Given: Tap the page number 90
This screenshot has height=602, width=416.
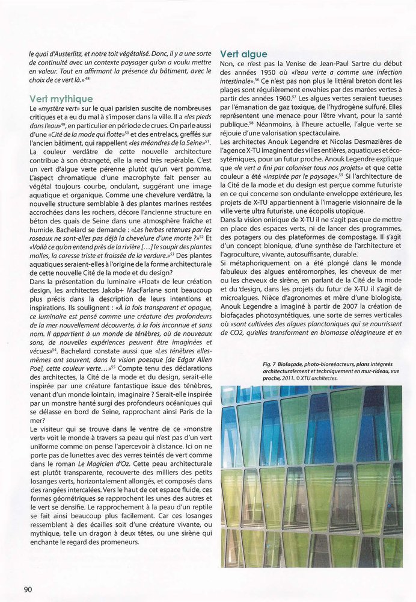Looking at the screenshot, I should tap(28, 588).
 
